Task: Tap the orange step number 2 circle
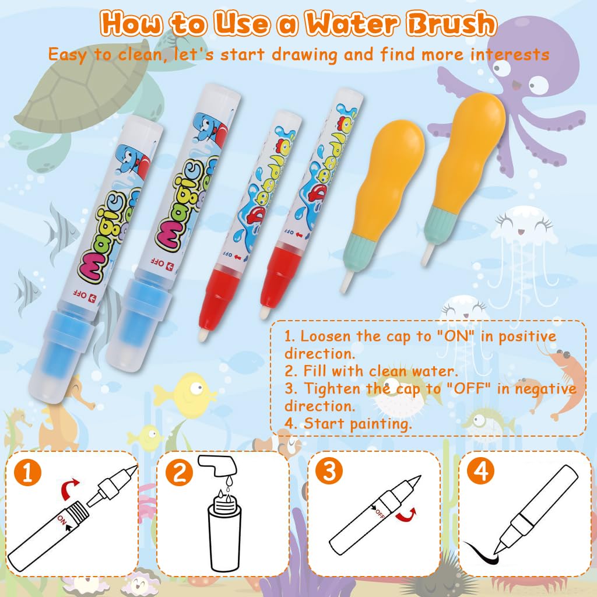point(179,472)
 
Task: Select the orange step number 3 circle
point(329,472)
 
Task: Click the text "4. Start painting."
point(348,423)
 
